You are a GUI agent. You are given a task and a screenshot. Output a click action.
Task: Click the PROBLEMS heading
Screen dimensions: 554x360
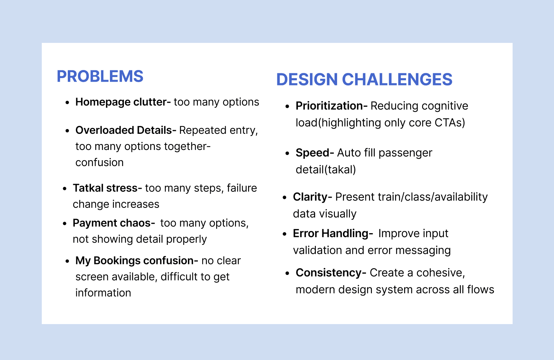[100, 76]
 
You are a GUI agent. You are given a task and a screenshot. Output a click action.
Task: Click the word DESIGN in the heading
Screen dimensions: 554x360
[307, 80]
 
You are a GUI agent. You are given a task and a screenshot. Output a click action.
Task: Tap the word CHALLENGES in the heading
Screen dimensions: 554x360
[397, 80]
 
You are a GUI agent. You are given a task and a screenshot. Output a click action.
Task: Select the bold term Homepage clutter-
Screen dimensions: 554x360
[123, 102]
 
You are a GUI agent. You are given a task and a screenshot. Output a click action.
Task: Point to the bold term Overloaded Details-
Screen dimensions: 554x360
[126, 130]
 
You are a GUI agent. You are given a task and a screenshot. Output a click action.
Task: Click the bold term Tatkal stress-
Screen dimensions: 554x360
[107, 188]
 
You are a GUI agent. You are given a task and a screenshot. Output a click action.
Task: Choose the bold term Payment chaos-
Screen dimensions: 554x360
[114, 223]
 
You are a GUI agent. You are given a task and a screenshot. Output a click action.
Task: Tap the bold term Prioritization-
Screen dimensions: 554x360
[331, 106]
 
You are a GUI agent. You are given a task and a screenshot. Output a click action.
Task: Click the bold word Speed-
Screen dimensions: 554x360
[315, 153]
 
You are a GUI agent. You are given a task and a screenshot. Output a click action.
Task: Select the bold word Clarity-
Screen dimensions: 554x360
[313, 197]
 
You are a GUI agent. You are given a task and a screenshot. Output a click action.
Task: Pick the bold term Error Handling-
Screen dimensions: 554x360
[333, 234]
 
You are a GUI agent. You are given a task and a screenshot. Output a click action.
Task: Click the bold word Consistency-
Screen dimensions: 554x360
[331, 273]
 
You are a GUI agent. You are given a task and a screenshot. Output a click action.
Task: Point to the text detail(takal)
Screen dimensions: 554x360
[326, 170]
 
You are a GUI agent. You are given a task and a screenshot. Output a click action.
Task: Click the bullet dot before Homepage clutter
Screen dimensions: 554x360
[67, 103]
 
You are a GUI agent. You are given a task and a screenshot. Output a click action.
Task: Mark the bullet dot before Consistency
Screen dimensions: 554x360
[287, 273]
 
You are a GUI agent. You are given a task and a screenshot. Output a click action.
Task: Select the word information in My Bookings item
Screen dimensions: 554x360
[103, 293]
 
